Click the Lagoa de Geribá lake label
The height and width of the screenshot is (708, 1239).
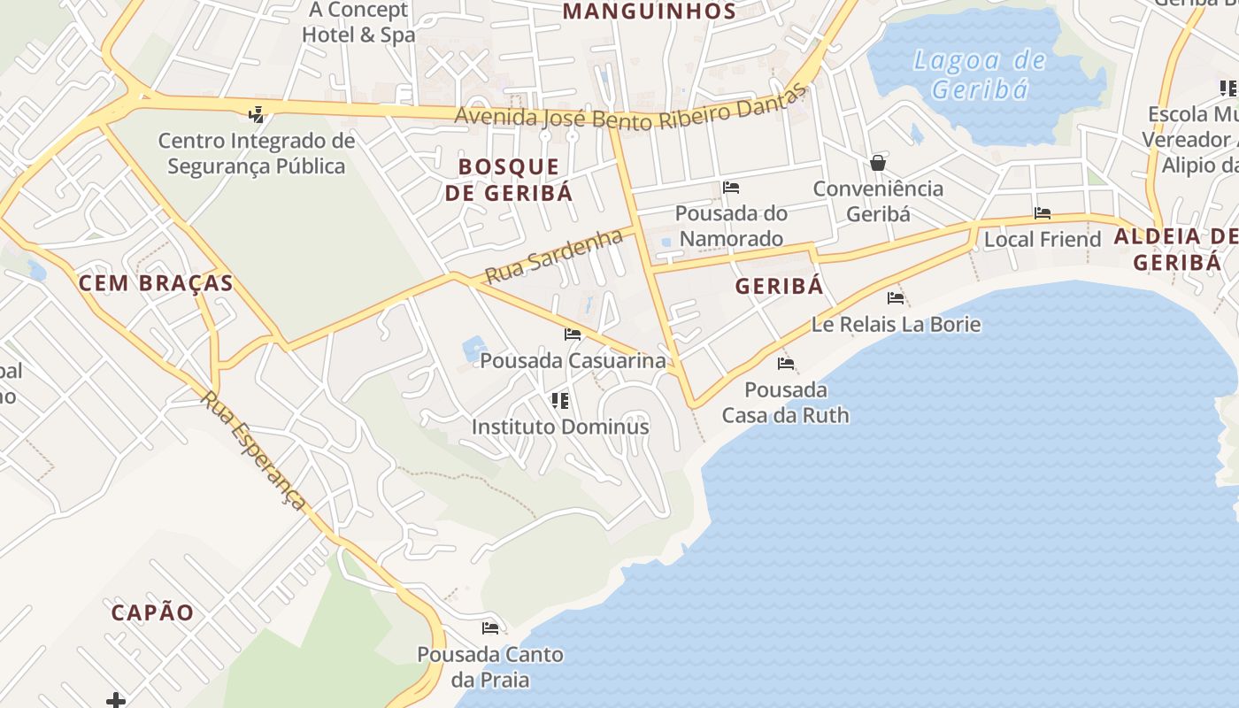(980, 75)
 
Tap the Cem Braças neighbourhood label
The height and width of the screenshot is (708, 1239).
(156, 283)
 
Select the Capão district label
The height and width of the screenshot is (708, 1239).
(152, 612)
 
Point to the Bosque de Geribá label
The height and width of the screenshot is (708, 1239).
(509, 180)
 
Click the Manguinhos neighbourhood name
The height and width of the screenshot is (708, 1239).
(650, 12)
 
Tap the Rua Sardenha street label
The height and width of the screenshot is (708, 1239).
(554, 257)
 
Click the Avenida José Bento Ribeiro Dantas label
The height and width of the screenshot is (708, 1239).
(631, 114)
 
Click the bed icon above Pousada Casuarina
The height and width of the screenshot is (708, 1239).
(573, 335)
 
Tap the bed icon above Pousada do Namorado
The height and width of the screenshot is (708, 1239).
(731, 188)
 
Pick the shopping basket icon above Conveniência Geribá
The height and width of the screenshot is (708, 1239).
(878, 163)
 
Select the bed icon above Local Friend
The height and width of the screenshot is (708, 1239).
(1043, 213)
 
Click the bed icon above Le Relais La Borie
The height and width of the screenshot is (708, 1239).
(896, 298)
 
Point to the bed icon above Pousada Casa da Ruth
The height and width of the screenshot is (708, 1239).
(786, 364)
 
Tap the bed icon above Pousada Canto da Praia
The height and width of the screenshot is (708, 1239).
(490, 628)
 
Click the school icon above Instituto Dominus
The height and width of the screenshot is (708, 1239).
(560, 401)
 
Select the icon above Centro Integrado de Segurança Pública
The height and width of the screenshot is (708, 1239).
(257, 114)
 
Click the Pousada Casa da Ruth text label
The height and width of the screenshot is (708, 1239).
(786, 403)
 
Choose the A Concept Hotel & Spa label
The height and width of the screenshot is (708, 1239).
(358, 23)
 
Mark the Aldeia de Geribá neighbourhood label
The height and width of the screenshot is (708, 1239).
(1176, 250)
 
